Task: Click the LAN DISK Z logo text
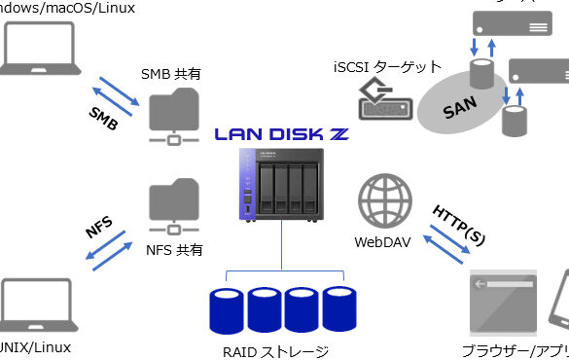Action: [x=283, y=136]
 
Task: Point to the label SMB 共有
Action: [x=172, y=74]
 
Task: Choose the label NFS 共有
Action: [x=174, y=250]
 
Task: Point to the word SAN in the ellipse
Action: [x=460, y=108]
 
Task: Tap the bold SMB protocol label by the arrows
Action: [x=104, y=116]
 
